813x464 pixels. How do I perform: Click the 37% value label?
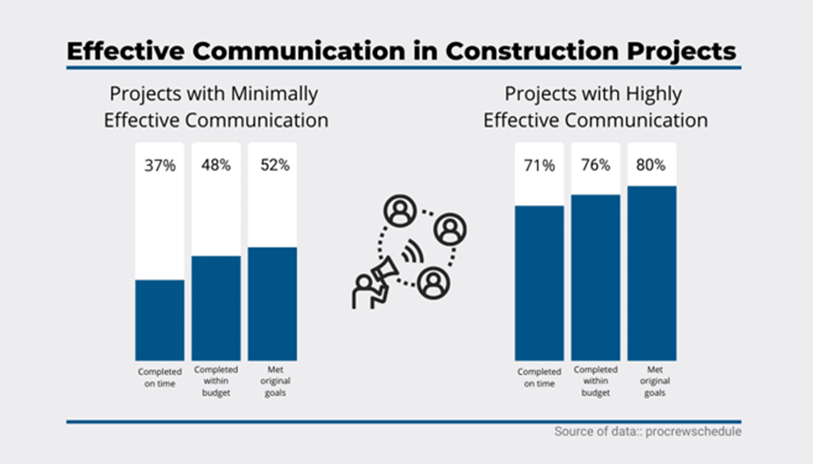(x=160, y=165)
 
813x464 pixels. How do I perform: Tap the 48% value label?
(x=217, y=165)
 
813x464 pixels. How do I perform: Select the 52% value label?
(x=273, y=165)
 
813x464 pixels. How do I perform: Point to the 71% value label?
(x=539, y=165)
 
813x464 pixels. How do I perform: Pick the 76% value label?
(x=595, y=165)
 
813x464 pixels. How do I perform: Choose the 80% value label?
(x=651, y=165)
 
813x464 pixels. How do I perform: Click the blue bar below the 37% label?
(x=160, y=320)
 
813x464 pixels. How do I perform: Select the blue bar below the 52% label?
(x=273, y=303)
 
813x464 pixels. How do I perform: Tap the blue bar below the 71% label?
(x=539, y=282)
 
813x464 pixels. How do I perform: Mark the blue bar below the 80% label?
(x=651, y=273)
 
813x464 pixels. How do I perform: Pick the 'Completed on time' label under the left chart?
(x=160, y=377)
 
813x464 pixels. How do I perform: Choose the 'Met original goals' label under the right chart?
(x=651, y=381)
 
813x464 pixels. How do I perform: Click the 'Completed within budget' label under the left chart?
(x=217, y=381)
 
